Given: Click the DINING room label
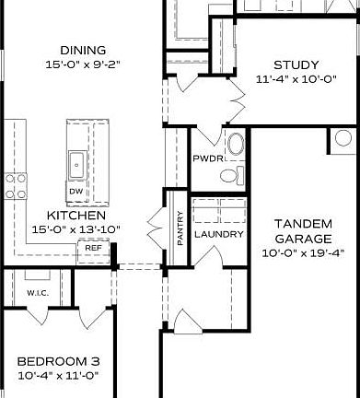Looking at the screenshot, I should click(x=81, y=50).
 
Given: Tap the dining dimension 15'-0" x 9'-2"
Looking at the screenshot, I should click(x=81, y=64).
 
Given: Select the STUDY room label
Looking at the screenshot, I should click(x=296, y=64).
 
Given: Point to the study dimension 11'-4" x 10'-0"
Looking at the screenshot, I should click(x=296, y=79).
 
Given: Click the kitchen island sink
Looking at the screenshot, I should click(x=77, y=166).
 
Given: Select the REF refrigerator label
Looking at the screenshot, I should click(x=93, y=247).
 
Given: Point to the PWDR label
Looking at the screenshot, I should click(x=204, y=158).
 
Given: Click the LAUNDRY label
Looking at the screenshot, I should click(x=219, y=234).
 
